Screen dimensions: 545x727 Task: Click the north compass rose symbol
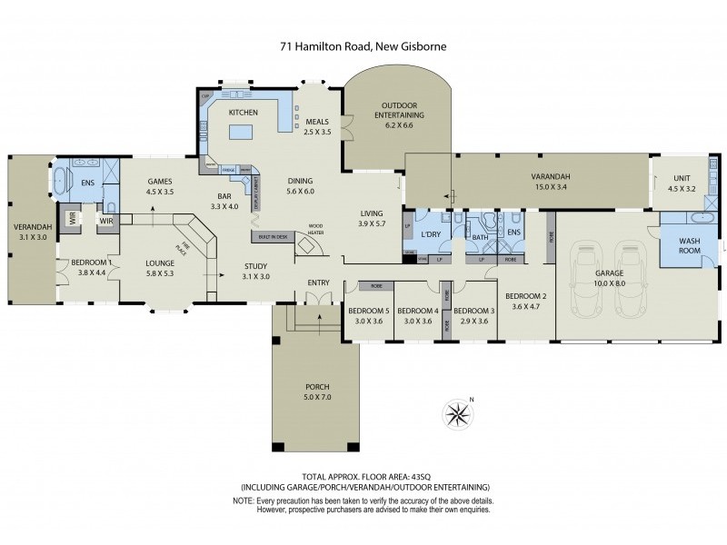point(458,415)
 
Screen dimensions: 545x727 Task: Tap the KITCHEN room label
point(244,112)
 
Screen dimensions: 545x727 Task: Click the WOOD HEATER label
point(315,229)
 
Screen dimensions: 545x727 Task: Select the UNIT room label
point(683,178)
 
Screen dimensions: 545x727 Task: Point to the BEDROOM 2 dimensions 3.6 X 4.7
point(526,306)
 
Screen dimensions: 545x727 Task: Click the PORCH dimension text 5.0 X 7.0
point(317,397)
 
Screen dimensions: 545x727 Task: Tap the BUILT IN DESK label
point(270,236)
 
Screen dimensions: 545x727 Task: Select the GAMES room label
point(160,182)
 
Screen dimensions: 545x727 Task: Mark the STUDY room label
point(254,266)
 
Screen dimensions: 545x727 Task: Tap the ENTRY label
point(318,282)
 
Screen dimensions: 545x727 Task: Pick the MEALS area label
point(316,122)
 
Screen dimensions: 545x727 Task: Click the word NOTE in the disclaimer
point(244,500)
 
